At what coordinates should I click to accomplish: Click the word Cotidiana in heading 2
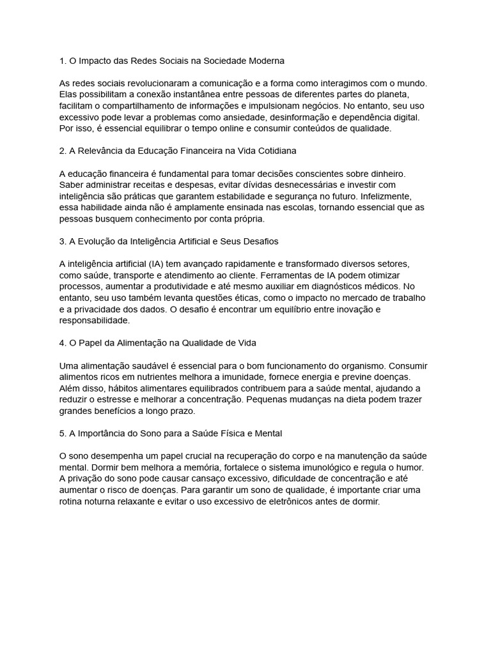(x=275, y=151)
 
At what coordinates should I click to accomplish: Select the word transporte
(x=139, y=276)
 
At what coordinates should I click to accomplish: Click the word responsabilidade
(x=94, y=320)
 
